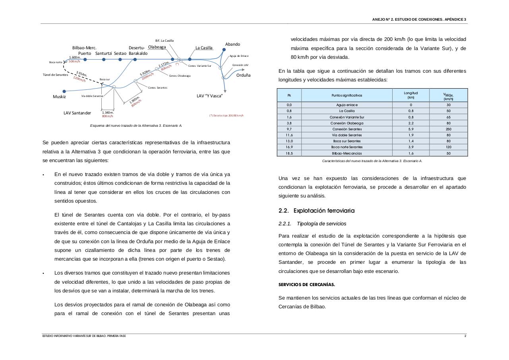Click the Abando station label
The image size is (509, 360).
pos(232,44)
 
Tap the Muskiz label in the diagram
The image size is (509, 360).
pos(59,97)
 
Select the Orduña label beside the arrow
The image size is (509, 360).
pos(243,75)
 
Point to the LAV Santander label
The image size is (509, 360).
pos(77,113)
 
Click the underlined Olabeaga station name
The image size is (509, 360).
pos(157,47)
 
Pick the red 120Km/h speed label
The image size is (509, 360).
pos(79,78)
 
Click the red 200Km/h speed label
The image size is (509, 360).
pos(147,75)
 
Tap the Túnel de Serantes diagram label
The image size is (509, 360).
pos(55,75)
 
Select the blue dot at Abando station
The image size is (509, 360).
pos(224,50)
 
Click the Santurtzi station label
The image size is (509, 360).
pos(104,53)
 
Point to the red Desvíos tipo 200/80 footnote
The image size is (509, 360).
pos(226,116)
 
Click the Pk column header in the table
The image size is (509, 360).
pos(289,95)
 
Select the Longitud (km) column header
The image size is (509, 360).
pos(411,95)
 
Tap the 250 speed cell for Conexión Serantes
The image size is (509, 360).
pos(448,129)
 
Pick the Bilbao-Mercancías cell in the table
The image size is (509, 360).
pos(347,153)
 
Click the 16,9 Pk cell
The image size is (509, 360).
pos(289,147)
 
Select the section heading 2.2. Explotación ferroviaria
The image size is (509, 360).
pos(316,211)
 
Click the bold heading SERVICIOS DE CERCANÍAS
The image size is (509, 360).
pos(306,285)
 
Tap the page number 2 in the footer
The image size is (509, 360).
pos(465,336)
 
